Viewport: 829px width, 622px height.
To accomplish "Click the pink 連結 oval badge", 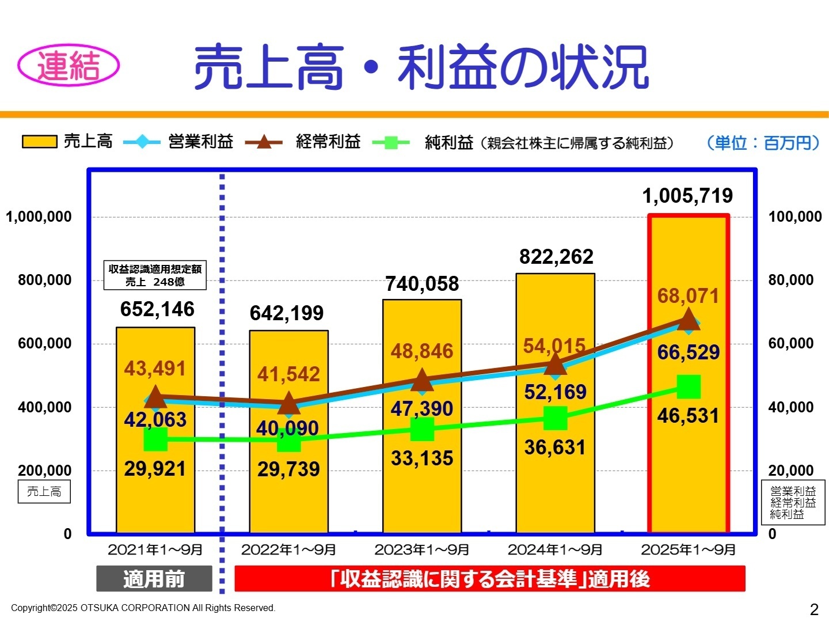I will coord(69,66).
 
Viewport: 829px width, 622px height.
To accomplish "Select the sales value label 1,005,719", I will coord(687,196).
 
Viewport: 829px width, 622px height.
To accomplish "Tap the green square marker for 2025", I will coord(689,386).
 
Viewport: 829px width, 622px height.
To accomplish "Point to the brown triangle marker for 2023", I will coord(422,381).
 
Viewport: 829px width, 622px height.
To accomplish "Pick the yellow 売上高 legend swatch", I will coord(39,142).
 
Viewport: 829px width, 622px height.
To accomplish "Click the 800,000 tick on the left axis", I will coord(44,280).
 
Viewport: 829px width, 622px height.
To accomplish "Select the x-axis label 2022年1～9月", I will coord(288,550).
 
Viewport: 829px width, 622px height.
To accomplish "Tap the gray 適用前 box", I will coord(154,579).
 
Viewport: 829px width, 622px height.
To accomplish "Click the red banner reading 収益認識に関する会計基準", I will coord(489,579).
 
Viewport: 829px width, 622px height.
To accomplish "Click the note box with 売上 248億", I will coord(155,275).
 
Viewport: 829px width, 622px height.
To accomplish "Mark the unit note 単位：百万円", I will coord(762,143).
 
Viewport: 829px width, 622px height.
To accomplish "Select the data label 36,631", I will coord(555,447).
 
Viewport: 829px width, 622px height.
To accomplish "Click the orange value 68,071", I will coord(689,296).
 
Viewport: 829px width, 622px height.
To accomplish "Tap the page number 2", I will coord(813,609).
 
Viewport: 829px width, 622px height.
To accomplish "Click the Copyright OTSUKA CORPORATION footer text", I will coord(143,608).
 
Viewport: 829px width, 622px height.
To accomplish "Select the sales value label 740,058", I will coord(422,284).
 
